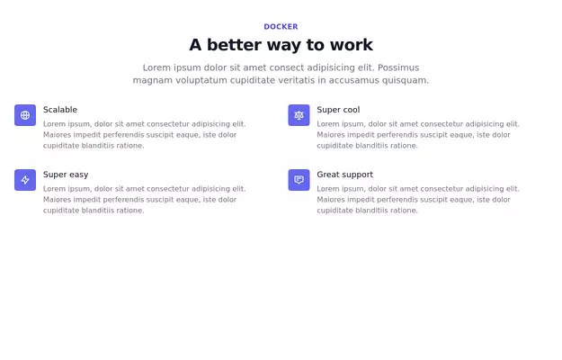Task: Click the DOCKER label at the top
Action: tap(281, 27)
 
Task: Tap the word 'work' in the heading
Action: tap(351, 45)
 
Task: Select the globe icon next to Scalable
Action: tap(25, 115)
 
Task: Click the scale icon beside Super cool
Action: tap(299, 115)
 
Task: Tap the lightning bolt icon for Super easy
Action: tap(25, 180)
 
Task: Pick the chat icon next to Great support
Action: tap(299, 180)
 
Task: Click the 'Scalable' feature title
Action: tap(60, 110)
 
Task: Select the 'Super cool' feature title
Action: tap(338, 110)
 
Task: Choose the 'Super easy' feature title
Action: tap(66, 175)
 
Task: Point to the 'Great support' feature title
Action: tap(344, 175)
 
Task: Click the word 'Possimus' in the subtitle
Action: tap(398, 67)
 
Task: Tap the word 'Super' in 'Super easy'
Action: tap(55, 175)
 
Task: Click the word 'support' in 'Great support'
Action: tap(357, 175)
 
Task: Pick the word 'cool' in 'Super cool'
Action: tap(351, 110)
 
